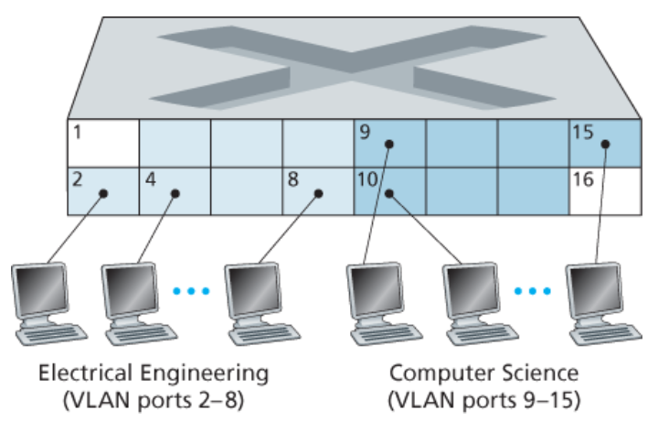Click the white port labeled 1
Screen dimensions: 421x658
pos(102,143)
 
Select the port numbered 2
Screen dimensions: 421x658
pos(102,190)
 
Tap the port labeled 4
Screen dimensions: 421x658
pos(174,190)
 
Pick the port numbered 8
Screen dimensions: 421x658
pos(317,190)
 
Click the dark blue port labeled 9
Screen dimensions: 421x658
pos(388,143)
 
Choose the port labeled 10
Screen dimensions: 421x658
pos(388,190)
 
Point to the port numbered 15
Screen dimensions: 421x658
pos(603,143)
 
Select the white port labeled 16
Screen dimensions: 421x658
pos(603,190)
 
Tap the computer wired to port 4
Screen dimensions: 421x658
pos(133,297)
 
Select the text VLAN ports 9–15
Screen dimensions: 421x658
pos(484,400)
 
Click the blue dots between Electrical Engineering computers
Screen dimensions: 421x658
pos(192,291)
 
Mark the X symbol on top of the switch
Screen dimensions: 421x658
pos(352,62)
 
